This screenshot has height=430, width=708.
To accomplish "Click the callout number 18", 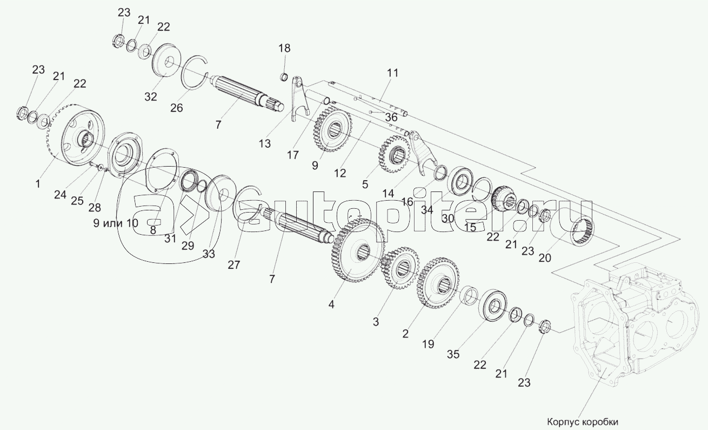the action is tap(284, 49).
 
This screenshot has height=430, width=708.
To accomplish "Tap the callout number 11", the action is tap(392, 73).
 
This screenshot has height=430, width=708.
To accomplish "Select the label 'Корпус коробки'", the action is tap(582, 422).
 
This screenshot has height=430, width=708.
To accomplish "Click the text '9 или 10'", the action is tap(116, 223).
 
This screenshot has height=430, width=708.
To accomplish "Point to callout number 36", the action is tap(391, 117).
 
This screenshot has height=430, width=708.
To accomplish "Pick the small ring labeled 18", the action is tap(284, 77).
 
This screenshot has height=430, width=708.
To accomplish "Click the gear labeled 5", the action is tap(396, 154).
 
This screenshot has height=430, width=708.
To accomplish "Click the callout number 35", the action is tap(453, 354).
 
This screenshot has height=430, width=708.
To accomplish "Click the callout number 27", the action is tap(234, 265).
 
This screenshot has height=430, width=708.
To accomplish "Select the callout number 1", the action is tap(38, 184).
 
